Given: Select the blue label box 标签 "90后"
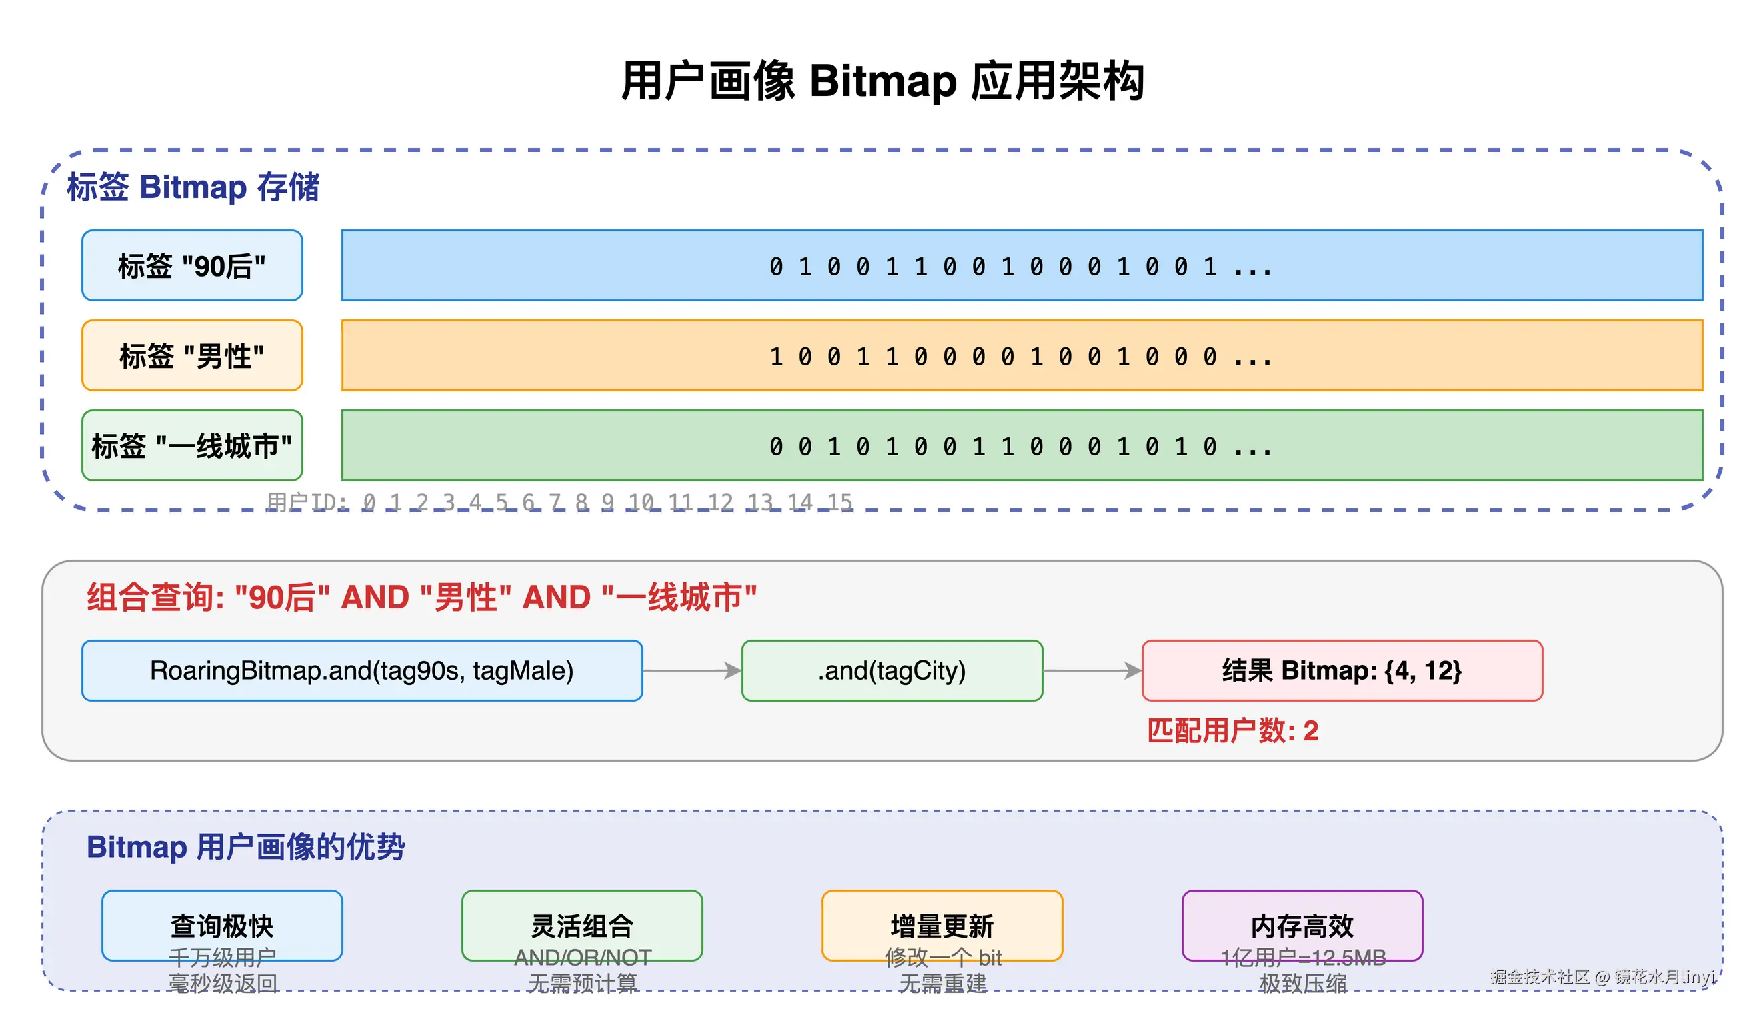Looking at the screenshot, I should point(192,265).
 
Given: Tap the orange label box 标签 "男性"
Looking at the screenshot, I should point(192,355).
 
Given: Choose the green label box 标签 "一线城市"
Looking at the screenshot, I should point(192,445).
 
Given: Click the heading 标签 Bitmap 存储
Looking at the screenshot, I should point(193,187).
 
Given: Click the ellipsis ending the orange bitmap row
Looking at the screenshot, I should point(1252,358).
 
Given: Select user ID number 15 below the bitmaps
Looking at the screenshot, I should point(839,501).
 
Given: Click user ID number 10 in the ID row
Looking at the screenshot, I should point(640,501).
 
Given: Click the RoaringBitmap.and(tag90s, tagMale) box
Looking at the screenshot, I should point(361,671).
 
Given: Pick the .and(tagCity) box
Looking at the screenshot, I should point(892,671).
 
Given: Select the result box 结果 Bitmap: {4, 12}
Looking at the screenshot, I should point(1342,671).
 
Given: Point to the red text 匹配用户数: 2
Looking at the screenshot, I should point(1232,731).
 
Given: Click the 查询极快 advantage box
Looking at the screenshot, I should point(222,926).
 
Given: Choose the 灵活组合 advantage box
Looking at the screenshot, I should point(581,926).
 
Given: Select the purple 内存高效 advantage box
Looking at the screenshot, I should point(1302,926).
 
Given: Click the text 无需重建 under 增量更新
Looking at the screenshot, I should point(942,983).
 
